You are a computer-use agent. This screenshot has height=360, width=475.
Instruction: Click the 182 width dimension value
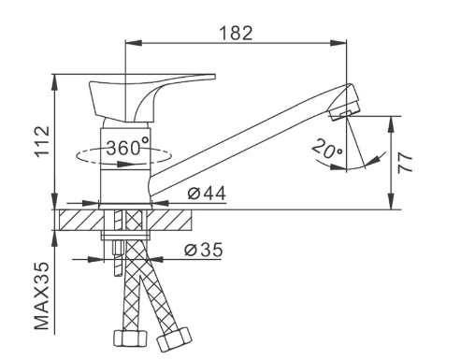236,33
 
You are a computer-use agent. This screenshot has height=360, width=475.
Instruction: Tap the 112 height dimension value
42,141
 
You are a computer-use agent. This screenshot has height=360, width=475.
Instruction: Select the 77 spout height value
405,163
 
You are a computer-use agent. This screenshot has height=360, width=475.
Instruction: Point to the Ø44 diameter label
207,194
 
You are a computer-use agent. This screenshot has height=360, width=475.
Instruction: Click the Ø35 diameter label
204,250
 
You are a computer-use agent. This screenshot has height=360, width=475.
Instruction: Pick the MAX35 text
42,295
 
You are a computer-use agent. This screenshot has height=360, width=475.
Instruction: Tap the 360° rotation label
128,147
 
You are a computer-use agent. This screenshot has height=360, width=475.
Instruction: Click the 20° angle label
326,149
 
